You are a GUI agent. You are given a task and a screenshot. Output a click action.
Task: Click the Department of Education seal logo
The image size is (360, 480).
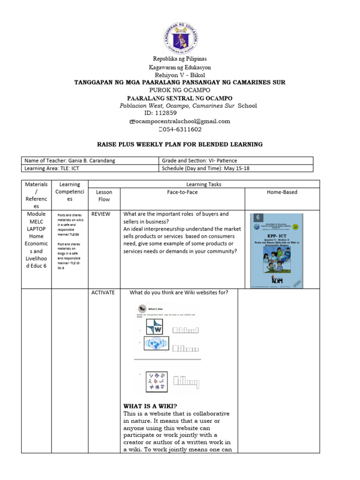point(180,38)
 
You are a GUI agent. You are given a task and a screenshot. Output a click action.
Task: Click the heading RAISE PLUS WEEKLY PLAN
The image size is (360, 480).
point(180,144)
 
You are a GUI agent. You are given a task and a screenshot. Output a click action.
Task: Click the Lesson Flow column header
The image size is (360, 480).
point(104,195)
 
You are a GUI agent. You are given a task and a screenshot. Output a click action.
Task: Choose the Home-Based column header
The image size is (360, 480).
point(282,192)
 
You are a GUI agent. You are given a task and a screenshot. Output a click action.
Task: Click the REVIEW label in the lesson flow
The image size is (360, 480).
point(101,214)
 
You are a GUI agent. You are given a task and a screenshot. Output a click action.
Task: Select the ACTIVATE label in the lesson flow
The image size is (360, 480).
point(103,292)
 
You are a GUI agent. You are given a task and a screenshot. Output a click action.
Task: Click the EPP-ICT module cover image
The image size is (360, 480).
point(277,250)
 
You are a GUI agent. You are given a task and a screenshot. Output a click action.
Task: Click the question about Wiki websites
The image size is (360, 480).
point(179,293)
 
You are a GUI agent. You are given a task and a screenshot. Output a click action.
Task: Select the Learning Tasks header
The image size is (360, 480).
point(203,184)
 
